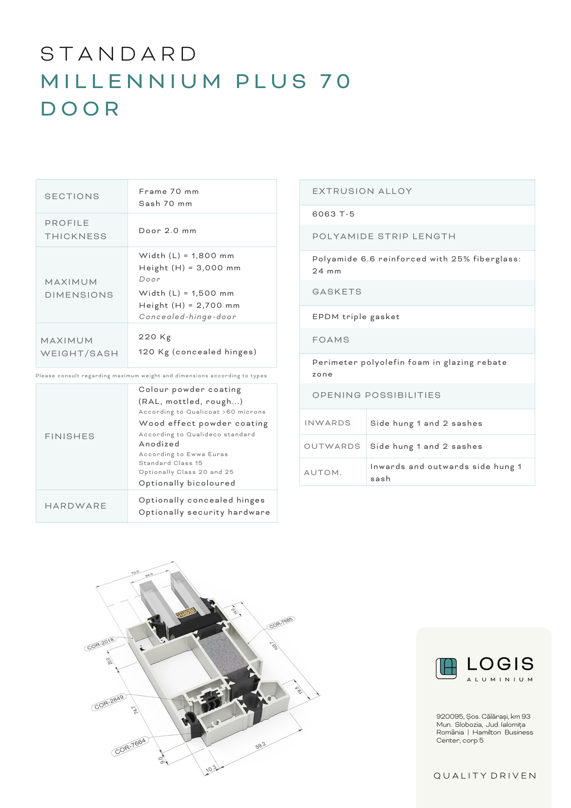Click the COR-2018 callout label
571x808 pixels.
point(101,643)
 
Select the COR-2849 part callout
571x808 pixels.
point(109,702)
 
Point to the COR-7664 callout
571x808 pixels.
point(130,746)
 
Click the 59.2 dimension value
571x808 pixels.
point(261,745)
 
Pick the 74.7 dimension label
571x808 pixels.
point(136,710)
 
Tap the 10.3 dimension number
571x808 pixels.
point(211,768)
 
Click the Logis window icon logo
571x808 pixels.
point(446,668)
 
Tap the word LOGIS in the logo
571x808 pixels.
point(500,664)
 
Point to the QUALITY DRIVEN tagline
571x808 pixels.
point(485,776)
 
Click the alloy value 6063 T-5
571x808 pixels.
point(333,214)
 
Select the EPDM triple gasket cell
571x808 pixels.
point(356,317)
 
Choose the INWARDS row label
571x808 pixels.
point(327,423)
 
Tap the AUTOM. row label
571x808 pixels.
point(323,472)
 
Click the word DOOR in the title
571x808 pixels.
point(80,109)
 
